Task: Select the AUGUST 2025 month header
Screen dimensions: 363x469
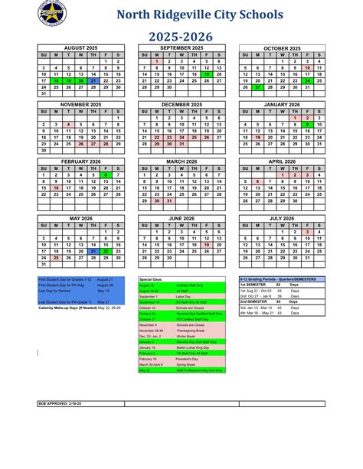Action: tap(80, 48)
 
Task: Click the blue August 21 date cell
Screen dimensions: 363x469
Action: tap(93, 80)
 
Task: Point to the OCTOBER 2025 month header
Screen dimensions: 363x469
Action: tap(281, 48)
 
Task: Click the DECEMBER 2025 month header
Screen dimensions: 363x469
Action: tap(181, 103)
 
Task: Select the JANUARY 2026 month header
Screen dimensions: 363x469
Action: tap(281, 103)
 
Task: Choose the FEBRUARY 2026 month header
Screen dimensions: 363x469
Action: tap(80, 161)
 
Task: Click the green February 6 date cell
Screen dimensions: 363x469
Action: tap(106, 175)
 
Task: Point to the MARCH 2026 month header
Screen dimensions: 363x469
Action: tap(181, 161)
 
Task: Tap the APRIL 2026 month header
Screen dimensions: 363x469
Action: tap(281, 161)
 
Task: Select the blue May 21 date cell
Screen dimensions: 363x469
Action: tap(93, 251)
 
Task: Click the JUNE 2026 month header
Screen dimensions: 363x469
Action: tap(181, 218)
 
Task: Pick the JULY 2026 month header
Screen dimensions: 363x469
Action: tap(281, 218)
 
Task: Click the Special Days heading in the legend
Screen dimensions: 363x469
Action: tap(152, 280)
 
